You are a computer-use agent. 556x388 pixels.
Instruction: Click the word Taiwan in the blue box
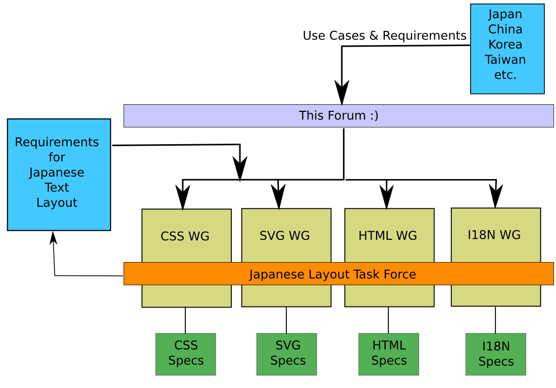[505, 60]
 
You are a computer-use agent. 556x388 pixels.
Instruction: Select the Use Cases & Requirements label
[384, 36]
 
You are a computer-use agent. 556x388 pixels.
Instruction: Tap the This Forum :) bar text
[338, 115]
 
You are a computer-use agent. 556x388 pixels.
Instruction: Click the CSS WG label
[185, 236]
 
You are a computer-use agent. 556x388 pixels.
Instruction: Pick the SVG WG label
[284, 236]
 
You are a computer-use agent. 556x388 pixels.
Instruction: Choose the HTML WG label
[387, 236]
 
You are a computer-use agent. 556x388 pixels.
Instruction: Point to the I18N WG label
[494, 235]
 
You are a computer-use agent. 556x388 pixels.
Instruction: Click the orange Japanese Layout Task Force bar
[338, 274]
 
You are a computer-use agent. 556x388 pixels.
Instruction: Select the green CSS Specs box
[185, 354]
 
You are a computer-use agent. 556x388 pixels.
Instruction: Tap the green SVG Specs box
[286, 354]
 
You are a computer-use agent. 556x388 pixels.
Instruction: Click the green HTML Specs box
[388, 354]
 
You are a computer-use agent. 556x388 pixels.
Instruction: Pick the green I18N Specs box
[495, 354]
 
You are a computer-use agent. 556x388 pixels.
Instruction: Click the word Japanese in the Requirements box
[57, 173]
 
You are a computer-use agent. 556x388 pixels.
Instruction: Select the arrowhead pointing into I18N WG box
[496, 196]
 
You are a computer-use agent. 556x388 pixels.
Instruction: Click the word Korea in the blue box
[505, 44]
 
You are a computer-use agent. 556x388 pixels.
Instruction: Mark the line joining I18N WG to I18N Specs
[495, 320]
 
